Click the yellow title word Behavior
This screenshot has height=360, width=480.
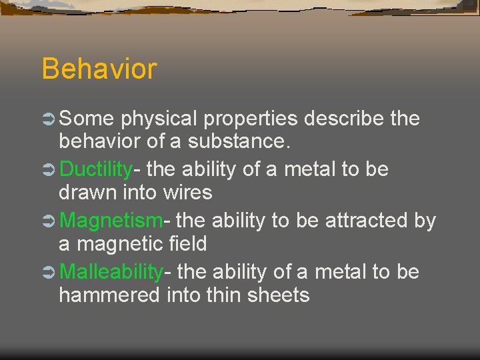click(99, 69)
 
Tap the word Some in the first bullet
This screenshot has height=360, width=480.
click(86, 119)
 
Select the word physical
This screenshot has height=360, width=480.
click(159, 119)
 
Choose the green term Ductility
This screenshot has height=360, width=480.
click(96, 170)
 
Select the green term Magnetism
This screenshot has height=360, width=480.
click(111, 221)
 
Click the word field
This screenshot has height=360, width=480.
click(188, 244)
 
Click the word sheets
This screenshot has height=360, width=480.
click(279, 295)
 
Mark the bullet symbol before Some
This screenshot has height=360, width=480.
click(49, 119)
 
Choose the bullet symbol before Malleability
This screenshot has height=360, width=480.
click(49, 273)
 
